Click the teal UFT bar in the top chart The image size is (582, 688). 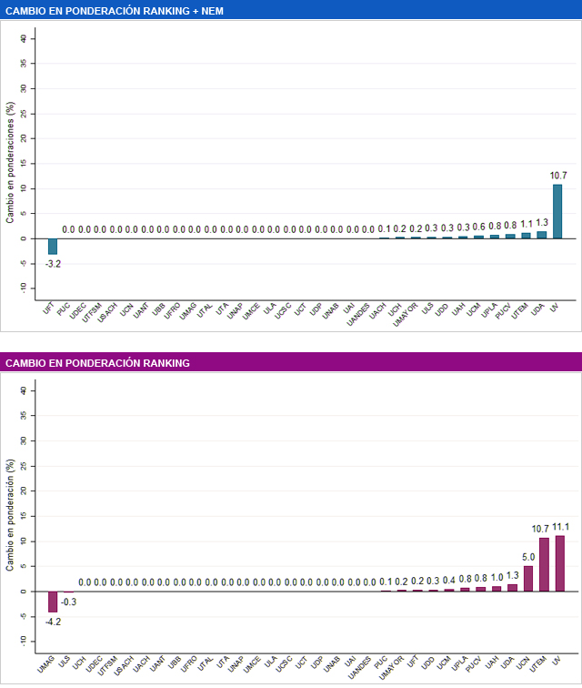(53, 246)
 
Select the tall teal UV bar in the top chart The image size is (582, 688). (557, 211)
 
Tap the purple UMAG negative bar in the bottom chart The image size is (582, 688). (53, 602)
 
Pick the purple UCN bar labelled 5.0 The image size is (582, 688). (528, 579)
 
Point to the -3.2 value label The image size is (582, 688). (53, 263)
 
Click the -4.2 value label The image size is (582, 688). (53, 622)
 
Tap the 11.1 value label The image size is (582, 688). (560, 527)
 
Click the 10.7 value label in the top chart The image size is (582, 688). (557, 175)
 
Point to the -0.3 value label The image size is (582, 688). (68, 602)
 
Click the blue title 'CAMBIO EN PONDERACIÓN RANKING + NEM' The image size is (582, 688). (115, 11)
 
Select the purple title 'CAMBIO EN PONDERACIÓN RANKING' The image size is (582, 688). (98, 363)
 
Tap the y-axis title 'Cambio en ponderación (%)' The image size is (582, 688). (11, 517)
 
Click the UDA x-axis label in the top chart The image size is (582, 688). (538, 310)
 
